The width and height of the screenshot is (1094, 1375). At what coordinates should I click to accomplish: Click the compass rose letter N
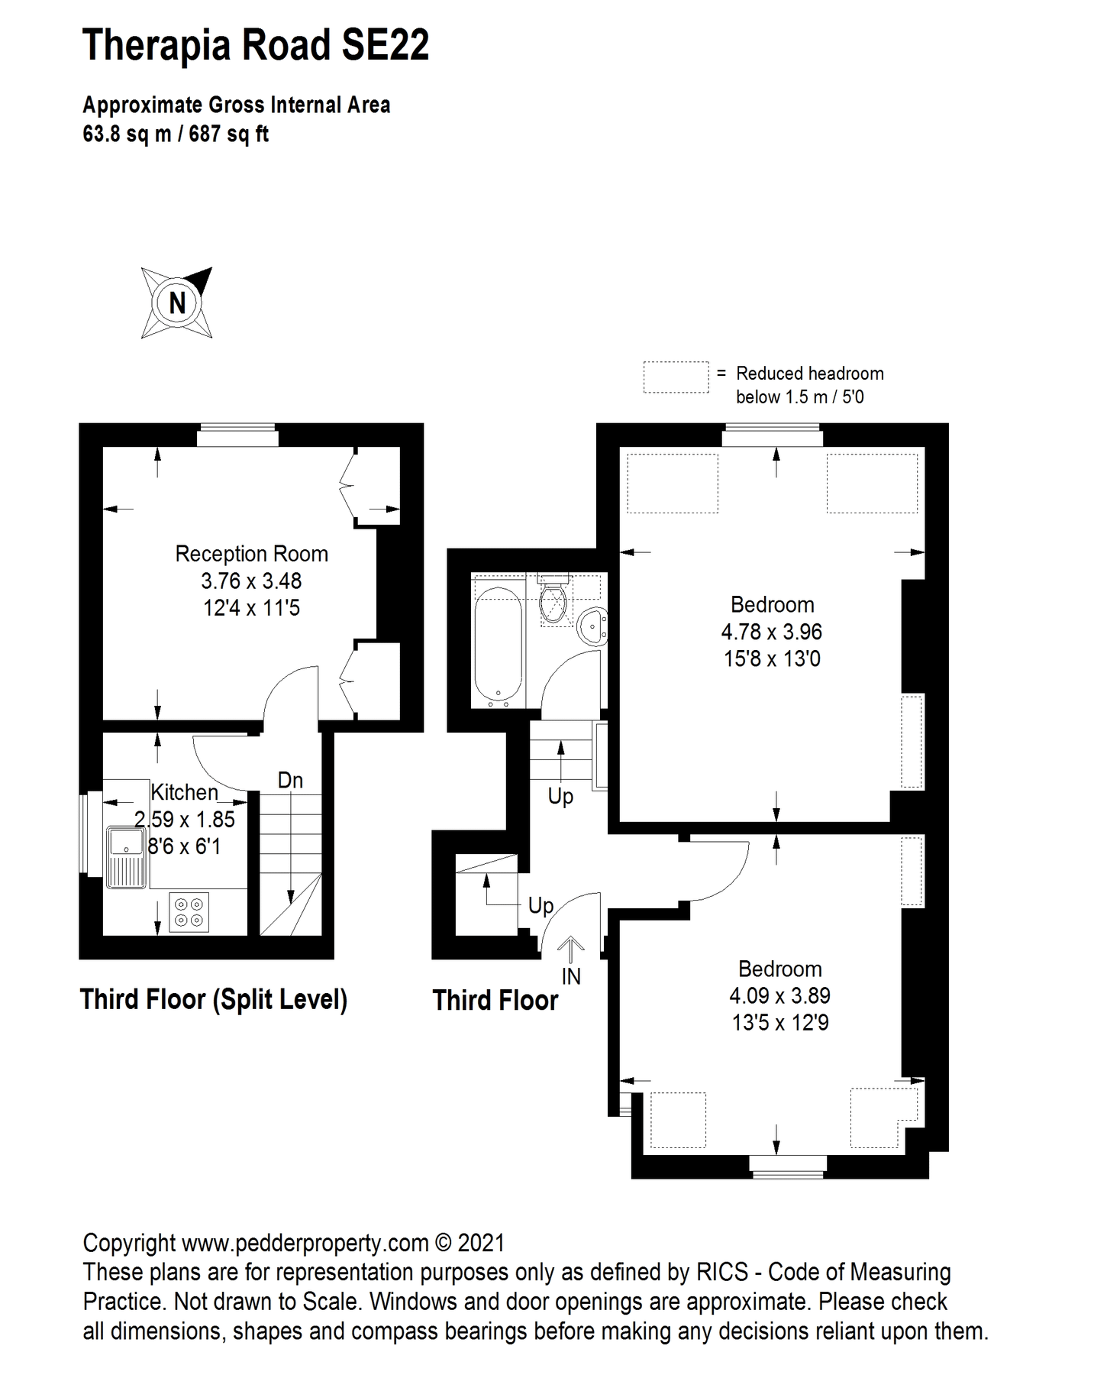(x=177, y=303)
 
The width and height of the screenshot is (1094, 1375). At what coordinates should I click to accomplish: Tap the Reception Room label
(x=251, y=554)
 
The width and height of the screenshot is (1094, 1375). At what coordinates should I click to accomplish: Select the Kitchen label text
(x=184, y=792)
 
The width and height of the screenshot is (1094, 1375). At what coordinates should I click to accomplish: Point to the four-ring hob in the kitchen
(x=189, y=912)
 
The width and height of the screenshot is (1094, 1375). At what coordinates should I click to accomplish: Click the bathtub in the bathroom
(x=498, y=643)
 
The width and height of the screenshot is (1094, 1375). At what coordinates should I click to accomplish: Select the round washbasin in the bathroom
(x=592, y=626)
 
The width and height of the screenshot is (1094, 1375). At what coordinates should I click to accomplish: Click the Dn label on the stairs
(x=290, y=780)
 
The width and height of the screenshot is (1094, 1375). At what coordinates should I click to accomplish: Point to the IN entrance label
(x=571, y=976)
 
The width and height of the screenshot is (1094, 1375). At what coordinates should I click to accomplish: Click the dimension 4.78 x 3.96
(x=771, y=632)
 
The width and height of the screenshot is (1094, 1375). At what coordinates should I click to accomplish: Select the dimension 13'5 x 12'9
(x=779, y=1023)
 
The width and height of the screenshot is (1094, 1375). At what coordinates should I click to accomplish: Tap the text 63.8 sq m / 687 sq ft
(x=176, y=134)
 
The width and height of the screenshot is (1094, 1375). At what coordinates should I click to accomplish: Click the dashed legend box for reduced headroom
(x=676, y=377)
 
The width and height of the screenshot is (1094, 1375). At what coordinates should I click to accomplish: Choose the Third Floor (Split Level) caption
(x=214, y=999)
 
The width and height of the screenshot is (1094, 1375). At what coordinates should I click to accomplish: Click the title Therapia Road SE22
(x=256, y=45)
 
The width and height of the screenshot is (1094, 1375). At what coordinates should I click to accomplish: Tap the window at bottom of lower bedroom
(x=787, y=1163)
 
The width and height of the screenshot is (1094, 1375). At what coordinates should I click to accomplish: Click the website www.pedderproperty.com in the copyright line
(x=305, y=1243)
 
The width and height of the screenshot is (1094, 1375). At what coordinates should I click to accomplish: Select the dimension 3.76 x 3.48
(x=251, y=581)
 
